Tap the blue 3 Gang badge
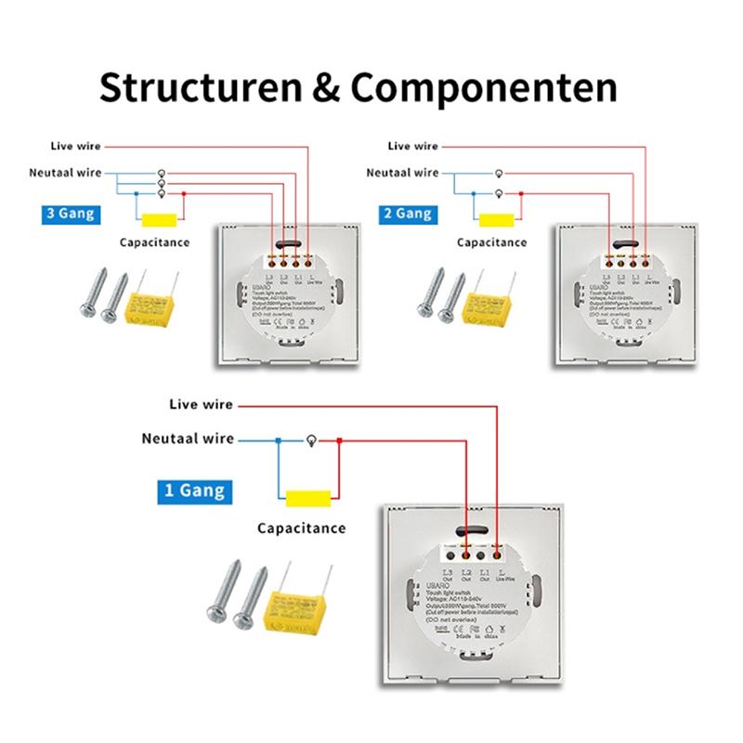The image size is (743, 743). click(71, 214)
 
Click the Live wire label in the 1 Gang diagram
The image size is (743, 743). click(201, 405)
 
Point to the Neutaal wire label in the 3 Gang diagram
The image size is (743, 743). click(65, 173)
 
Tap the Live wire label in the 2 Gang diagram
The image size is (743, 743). click(412, 146)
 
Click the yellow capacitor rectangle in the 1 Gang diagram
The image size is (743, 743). click(309, 499)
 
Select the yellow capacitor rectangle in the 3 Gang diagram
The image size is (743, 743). click(160, 221)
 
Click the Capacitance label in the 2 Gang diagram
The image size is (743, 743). click(491, 242)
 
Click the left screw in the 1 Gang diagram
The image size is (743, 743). click(223, 596)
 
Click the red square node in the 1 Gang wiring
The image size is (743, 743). click(339, 440)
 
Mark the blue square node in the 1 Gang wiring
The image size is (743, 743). click(277, 440)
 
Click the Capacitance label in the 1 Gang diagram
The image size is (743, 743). click(302, 528)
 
